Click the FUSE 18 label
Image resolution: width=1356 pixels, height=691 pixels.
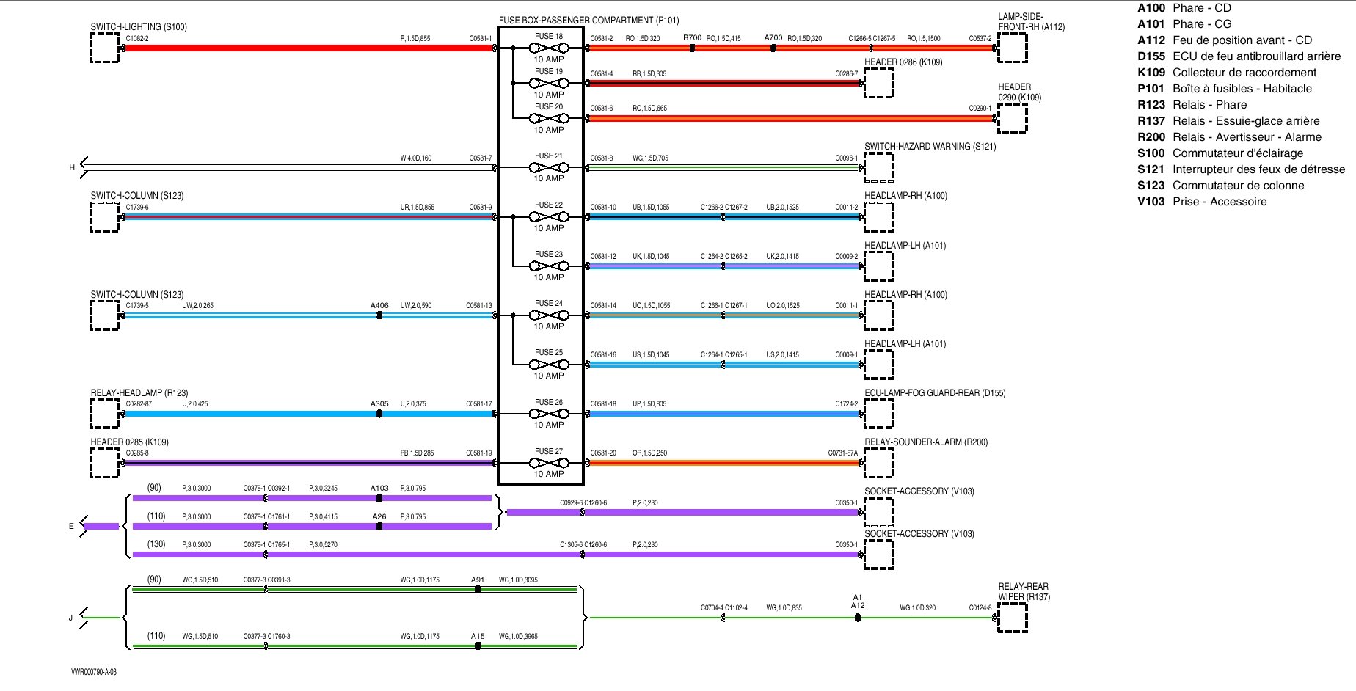549,37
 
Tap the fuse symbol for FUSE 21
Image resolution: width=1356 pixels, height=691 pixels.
549,167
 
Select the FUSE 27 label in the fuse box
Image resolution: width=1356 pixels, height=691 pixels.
549,452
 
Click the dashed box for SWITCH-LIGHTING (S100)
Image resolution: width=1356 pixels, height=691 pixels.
105,48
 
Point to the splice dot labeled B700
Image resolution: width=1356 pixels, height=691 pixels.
692,48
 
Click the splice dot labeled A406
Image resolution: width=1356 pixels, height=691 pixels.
379,315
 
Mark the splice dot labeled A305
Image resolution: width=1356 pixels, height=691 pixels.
379,414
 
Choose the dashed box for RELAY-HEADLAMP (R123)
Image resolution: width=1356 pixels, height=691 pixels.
105,414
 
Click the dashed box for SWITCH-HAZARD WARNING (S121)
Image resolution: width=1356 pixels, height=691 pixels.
879,167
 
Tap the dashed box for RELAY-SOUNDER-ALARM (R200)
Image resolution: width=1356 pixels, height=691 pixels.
879,463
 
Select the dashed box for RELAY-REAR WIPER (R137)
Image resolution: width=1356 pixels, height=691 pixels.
1013,618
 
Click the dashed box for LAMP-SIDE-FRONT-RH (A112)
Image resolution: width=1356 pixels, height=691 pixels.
1013,48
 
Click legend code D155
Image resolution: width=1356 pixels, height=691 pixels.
1151,56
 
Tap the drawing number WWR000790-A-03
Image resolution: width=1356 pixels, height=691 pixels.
94,672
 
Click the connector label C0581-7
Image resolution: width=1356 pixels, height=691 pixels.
481,158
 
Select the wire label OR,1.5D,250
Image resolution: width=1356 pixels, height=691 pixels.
650,453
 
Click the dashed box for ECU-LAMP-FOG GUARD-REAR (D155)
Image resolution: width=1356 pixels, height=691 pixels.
879,414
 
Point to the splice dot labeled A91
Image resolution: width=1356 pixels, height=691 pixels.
478,589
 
